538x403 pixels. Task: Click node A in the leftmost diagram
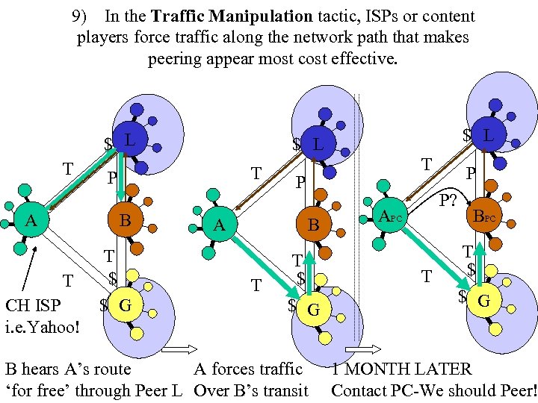click(30, 221)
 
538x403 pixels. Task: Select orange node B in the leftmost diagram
click(126, 221)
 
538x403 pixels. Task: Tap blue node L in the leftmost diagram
click(128, 140)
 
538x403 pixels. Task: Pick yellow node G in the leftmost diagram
click(126, 304)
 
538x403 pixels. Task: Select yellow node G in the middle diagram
click(314, 308)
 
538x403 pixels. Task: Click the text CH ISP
click(33, 306)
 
